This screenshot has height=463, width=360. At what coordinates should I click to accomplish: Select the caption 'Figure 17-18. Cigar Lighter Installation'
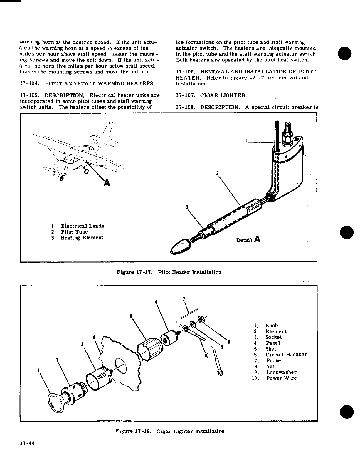(x=170, y=431)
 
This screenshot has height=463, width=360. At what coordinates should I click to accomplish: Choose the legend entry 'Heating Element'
(x=82, y=238)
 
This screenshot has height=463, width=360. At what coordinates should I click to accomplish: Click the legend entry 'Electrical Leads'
(x=83, y=226)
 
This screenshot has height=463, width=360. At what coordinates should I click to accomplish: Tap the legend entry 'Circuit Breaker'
(x=286, y=355)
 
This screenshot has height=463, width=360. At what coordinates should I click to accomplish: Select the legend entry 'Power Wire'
(x=281, y=378)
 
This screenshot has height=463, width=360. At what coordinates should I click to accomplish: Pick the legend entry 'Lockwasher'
(x=282, y=372)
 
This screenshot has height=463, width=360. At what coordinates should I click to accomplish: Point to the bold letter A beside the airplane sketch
(x=107, y=183)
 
